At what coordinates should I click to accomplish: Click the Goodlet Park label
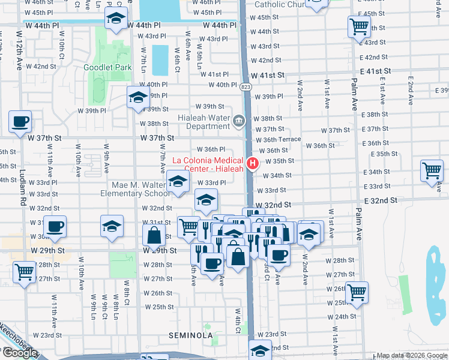pos(107,67)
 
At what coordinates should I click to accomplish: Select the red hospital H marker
pos(253,163)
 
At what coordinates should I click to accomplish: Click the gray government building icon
pos(239,122)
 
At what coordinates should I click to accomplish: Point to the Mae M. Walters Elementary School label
pos(140,188)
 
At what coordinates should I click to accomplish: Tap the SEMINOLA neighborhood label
pos(191,335)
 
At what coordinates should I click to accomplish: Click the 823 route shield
pos(246,87)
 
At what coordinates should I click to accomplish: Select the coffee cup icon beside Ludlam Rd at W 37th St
pos(20,122)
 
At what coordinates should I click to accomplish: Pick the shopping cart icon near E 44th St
pos(358,26)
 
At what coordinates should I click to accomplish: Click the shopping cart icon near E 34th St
pos(432,170)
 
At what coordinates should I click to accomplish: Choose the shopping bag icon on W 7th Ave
pos(154,236)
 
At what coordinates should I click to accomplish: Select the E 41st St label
pos(376,71)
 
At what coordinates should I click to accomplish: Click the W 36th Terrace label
pos(278,139)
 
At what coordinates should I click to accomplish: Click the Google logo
pos(20,353)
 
